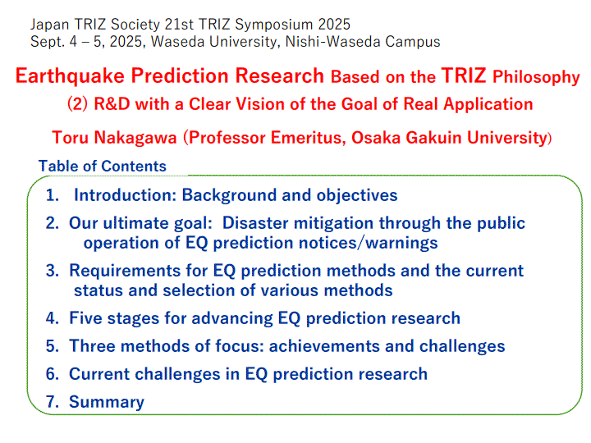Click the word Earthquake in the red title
(70, 76)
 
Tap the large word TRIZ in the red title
(463, 75)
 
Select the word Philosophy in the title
(536, 77)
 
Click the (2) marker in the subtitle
(77, 104)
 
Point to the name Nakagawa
(135, 138)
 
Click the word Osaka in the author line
(376, 138)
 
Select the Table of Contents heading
(102, 166)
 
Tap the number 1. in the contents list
(53, 195)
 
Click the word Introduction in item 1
(125, 195)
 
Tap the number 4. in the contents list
(53, 318)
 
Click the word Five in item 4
(85, 318)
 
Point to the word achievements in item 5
(324, 346)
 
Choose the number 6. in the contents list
(53, 374)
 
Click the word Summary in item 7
(107, 402)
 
